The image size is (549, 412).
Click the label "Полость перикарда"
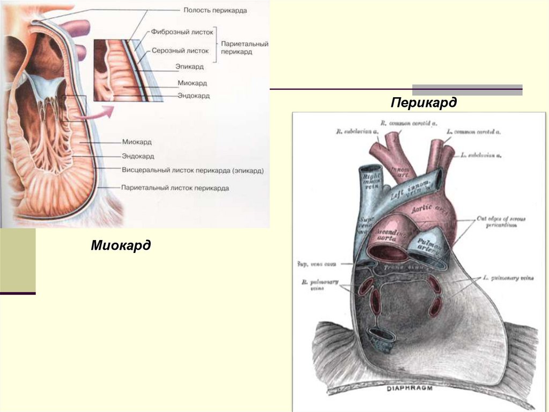point(214,11)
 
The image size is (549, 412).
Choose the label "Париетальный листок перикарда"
point(175,189)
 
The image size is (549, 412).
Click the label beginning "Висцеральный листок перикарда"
point(192,170)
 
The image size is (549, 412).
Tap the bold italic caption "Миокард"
point(121,245)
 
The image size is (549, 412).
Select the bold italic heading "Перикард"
point(424,102)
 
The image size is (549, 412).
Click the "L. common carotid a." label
point(477,132)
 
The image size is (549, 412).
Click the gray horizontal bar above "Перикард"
point(467,90)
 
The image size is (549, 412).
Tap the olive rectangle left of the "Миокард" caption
point(18,261)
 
